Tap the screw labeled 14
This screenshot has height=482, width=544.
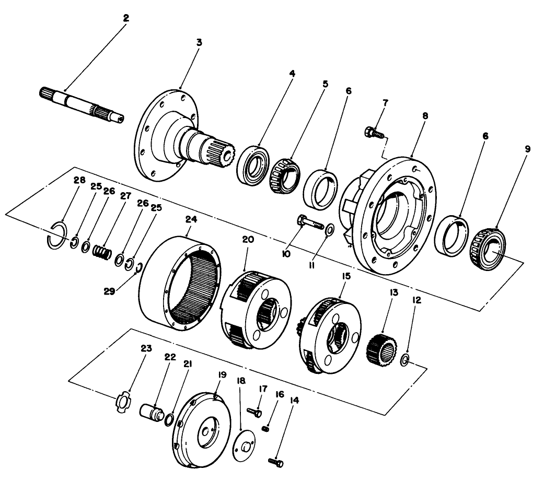click(x=275, y=461)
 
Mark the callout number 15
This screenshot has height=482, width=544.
click(x=331, y=276)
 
